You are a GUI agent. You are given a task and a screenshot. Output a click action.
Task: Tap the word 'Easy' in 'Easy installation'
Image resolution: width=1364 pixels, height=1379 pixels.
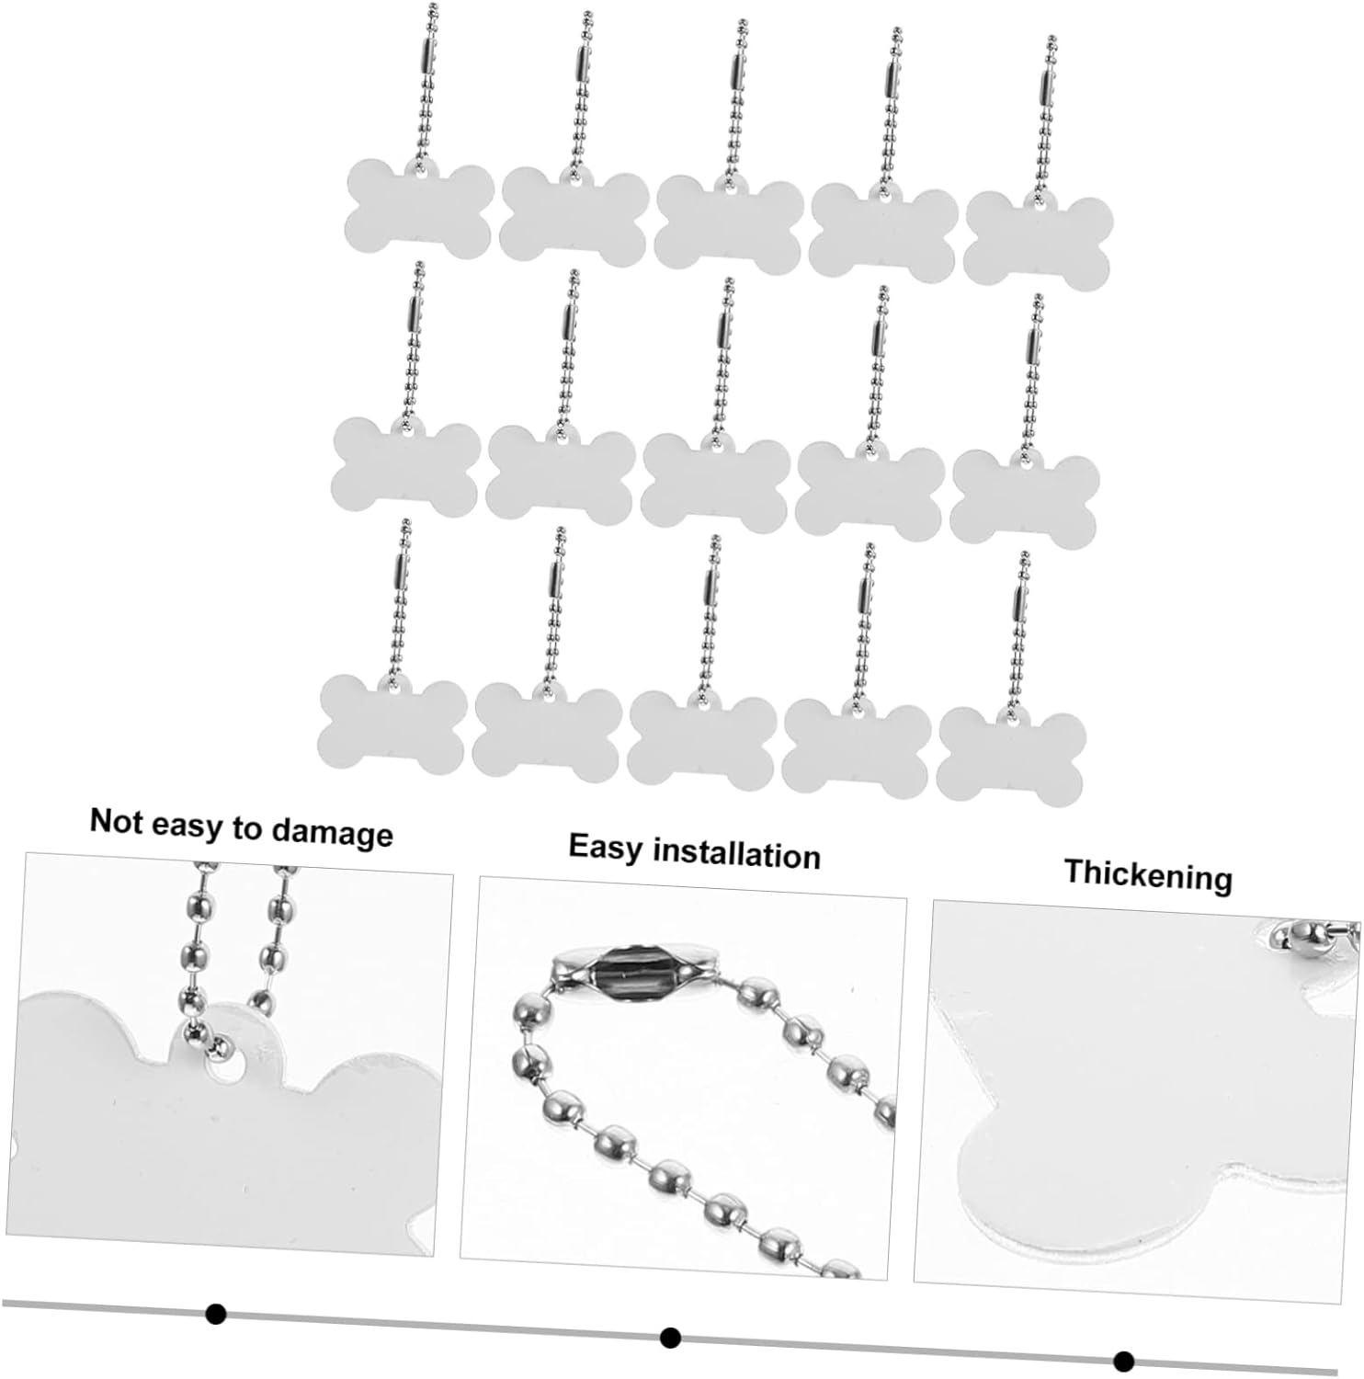[607, 847]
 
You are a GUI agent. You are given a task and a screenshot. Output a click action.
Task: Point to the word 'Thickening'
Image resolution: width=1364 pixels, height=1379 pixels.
[1148, 874]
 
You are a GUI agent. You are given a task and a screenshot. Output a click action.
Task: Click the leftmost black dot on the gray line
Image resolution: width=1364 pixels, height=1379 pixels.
[216, 1314]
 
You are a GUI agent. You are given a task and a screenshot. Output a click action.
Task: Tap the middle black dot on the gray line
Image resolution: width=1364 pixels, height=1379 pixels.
[670, 1337]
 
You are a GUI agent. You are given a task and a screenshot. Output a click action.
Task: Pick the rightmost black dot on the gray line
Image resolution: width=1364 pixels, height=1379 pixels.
[1123, 1361]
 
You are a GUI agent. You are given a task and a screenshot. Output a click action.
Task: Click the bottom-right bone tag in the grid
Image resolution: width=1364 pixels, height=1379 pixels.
[1011, 754]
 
